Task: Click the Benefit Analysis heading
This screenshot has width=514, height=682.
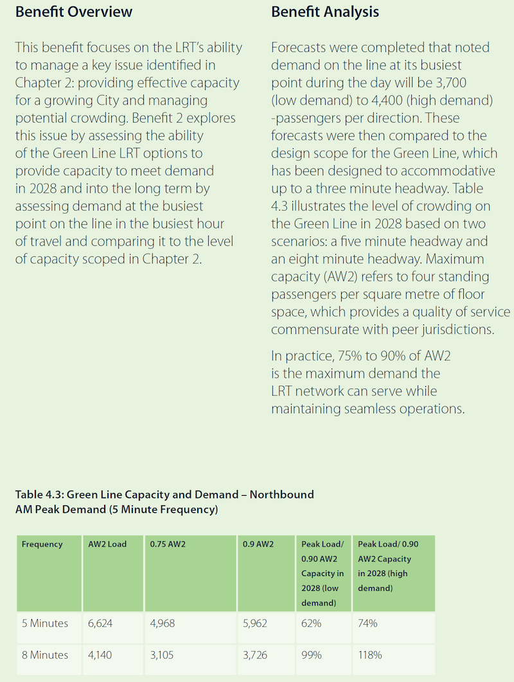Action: coord(325,12)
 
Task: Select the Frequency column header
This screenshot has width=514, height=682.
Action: coord(42,544)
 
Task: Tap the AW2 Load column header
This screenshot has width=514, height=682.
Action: coord(107,544)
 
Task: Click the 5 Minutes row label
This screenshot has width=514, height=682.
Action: coord(45,623)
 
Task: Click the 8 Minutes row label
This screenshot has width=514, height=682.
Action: coord(45,655)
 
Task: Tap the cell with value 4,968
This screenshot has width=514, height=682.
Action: coord(162,623)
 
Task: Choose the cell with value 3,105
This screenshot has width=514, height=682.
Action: coord(161,655)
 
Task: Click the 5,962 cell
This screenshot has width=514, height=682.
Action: coord(255,623)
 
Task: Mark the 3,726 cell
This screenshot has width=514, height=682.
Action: coord(255,655)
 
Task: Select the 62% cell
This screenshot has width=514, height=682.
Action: coord(312,623)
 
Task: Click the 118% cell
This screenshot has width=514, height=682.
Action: coord(370,655)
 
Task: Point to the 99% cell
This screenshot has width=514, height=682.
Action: coord(312,655)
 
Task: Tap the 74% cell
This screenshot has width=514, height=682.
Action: coord(368,623)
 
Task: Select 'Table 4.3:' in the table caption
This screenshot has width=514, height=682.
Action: coord(39,494)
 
